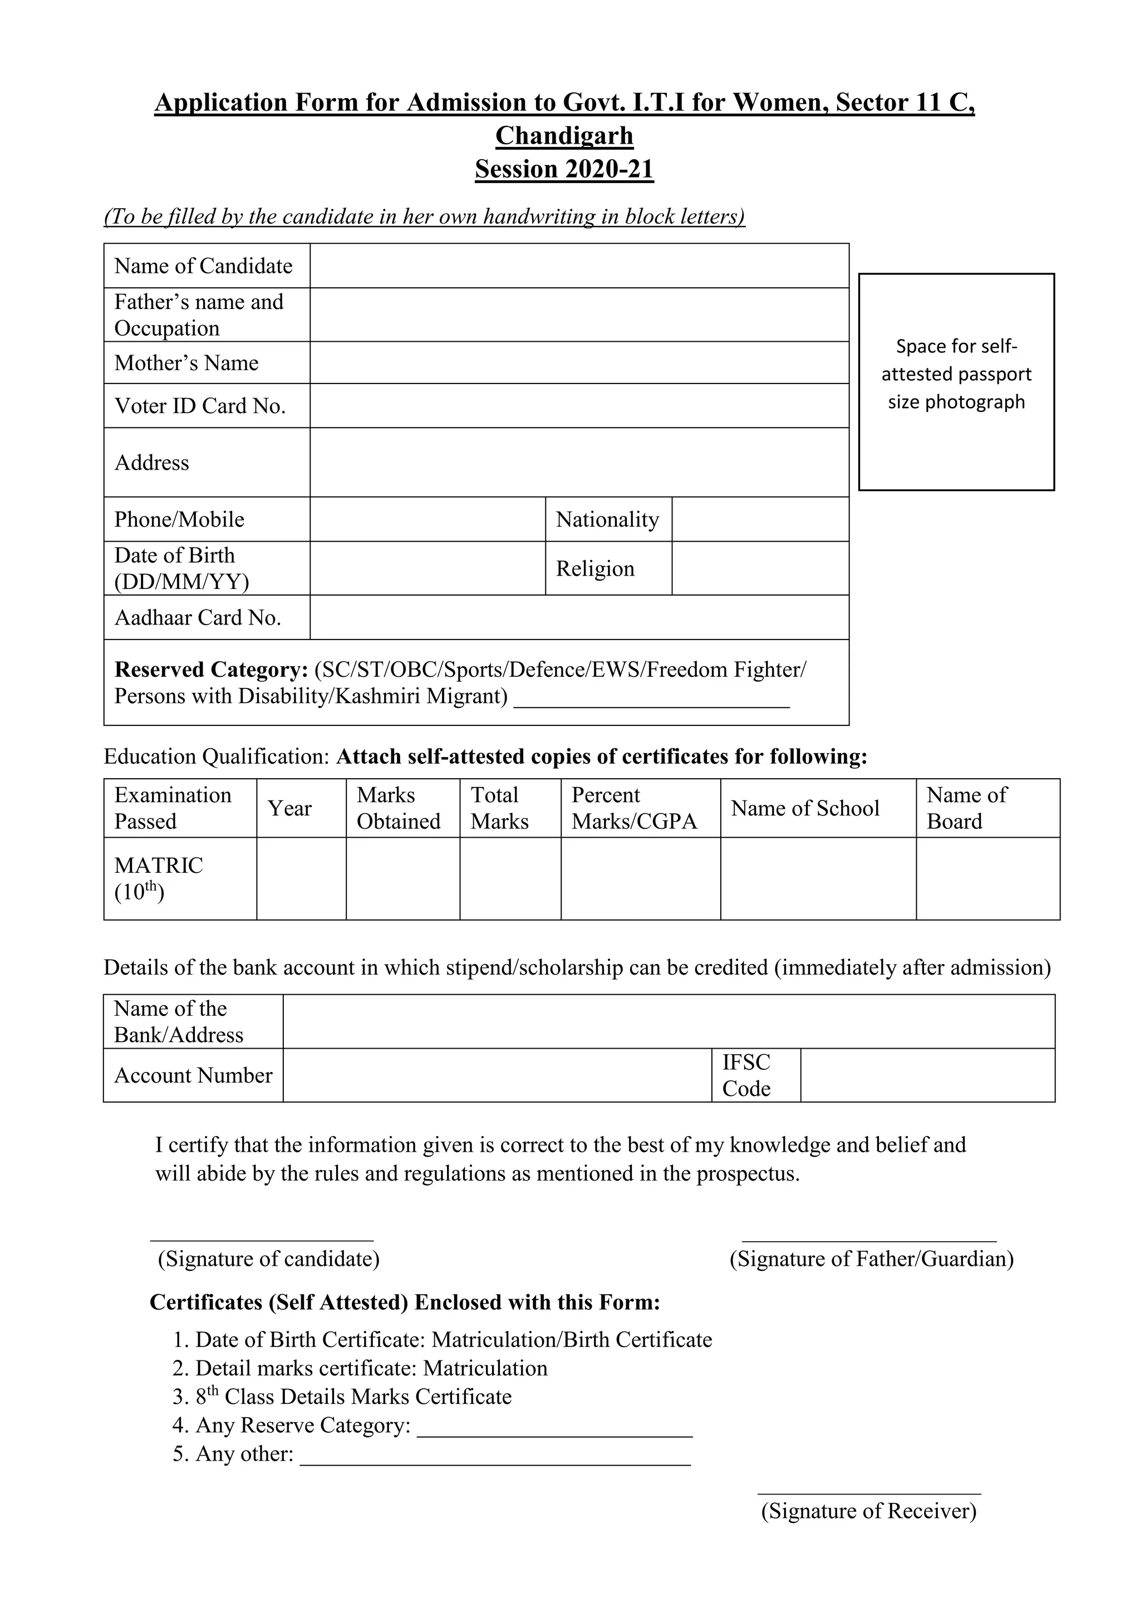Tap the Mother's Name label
tap(186, 363)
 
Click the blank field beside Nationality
tap(760, 519)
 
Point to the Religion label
tap(595, 569)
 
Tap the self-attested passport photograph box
tap(956, 382)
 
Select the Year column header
tap(289, 808)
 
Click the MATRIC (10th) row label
tap(159, 878)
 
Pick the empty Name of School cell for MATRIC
tap(818, 878)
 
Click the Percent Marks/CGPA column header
tap(634, 808)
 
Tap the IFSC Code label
tap(746, 1075)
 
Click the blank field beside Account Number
tap(497, 1075)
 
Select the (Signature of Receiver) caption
tap(869, 1510)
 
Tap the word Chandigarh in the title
tap(564, 135)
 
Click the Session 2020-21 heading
tap(564, 169)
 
